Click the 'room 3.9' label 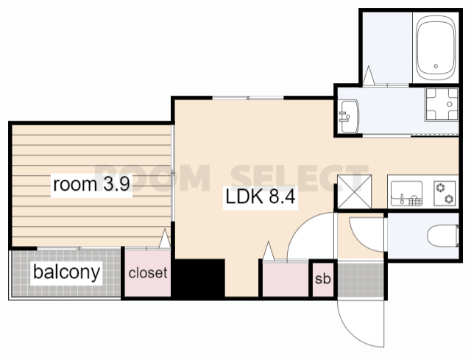[91, 184]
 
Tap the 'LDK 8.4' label [260, 197]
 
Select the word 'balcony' [67, 272]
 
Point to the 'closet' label [148, 273]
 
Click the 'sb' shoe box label [322, 278]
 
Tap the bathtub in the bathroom [436, 46]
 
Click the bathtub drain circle [436, 66]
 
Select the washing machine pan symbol [442, 105]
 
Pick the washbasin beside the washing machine [349, 116]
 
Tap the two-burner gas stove [445, 193]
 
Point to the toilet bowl [443, 236]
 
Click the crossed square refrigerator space [355, 191]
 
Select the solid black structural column [198, 278]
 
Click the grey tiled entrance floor [361, 280]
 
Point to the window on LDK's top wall [248, 98]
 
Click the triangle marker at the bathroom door [369, 75]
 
